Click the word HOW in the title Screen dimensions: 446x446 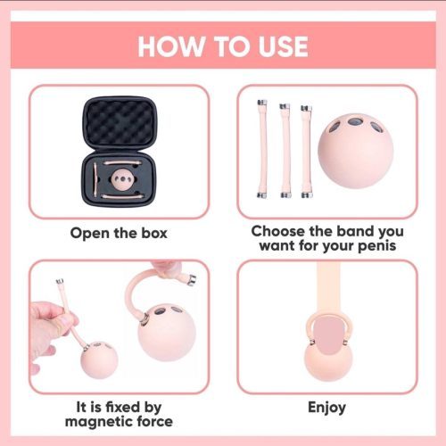click(169, 46)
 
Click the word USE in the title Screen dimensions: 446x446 click(283, 46)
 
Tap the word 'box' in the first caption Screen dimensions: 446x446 click(154, 233)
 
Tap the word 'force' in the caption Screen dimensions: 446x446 click(155, 421)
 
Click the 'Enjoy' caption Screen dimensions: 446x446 click(326, 408)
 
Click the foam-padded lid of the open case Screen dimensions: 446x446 click(119, 123)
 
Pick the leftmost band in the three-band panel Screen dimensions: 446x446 click(262, 149)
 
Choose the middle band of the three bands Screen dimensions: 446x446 click(285, 151)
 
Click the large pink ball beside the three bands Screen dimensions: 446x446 click(355, 152)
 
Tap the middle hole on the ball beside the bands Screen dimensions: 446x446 click(354, 122)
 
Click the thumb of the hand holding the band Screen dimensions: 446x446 click(65, 322)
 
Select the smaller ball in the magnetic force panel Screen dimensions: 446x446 click(99, 360)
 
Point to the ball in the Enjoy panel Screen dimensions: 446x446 click(328, 360)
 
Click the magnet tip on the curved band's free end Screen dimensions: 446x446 click(191, 280)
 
